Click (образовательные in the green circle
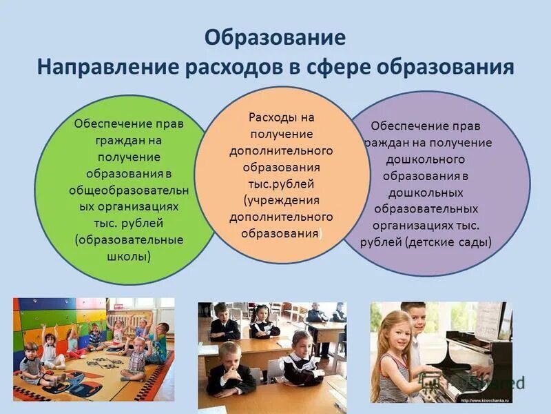[128, 239]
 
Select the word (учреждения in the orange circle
[281, 200]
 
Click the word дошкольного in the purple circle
[426, 159]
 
